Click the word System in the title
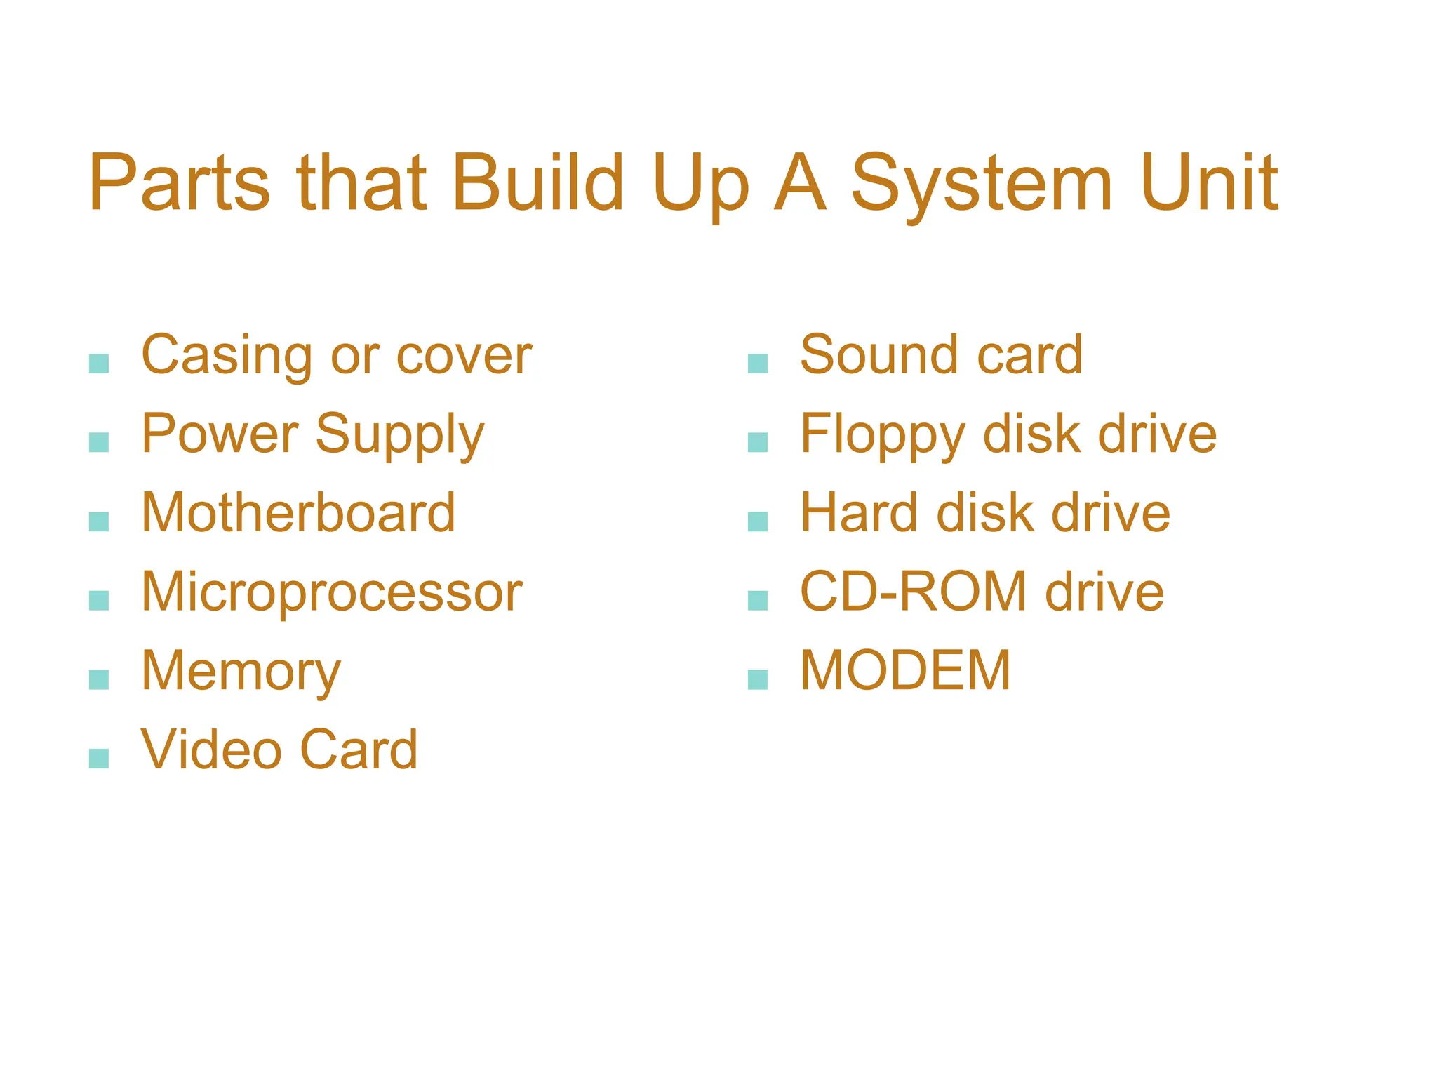point(982,184)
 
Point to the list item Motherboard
point(298,512)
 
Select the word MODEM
point(905,670)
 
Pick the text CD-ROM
point(913,592)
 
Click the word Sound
point(879,354)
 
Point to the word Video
point(211,750)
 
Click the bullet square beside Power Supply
point(99,442)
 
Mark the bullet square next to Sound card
point(758,364)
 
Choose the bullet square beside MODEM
point(758,679)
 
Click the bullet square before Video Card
point(99,759)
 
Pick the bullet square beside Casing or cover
point(99,364)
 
